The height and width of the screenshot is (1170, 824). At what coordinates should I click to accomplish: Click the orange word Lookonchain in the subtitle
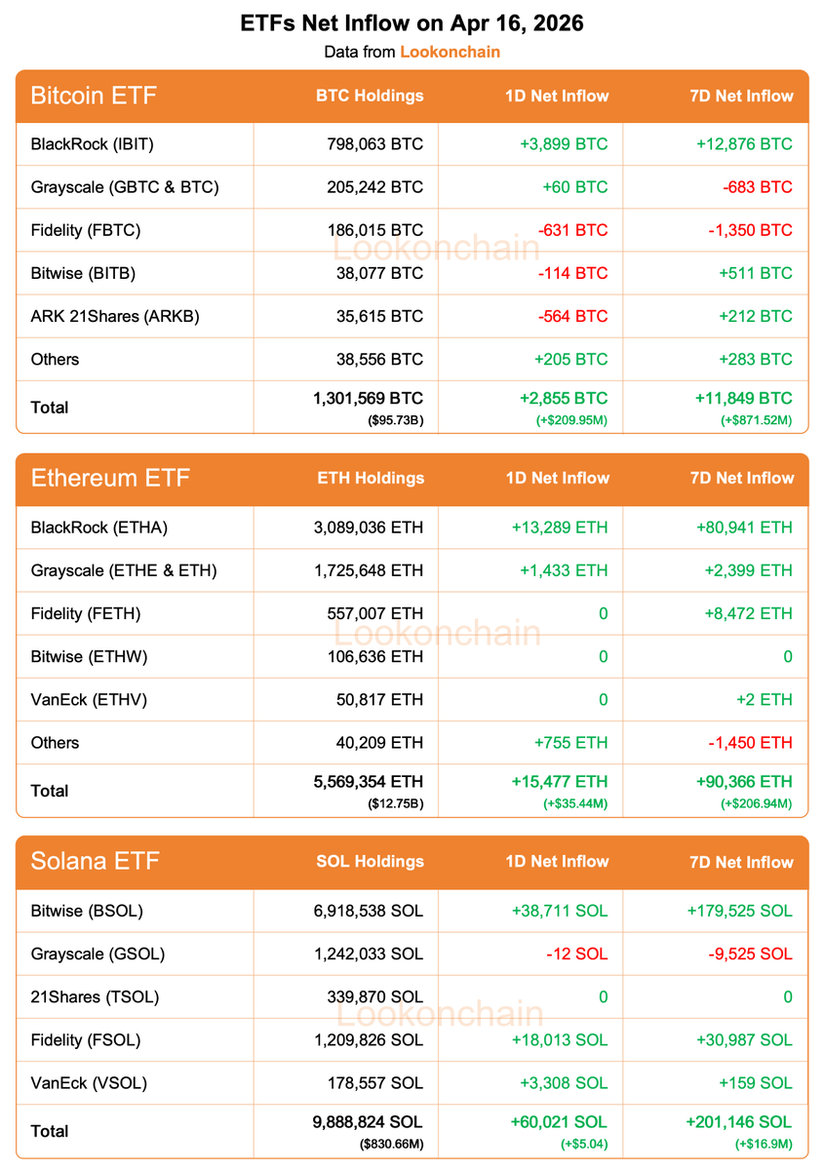click(450, 51)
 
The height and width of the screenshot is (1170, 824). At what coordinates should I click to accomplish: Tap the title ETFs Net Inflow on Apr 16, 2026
click(412, 23)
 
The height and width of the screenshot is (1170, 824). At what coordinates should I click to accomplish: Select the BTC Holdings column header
click(370, 96)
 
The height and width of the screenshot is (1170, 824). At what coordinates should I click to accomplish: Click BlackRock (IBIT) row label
click(93, 144)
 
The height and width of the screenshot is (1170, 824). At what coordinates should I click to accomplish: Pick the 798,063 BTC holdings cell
click(375, 144)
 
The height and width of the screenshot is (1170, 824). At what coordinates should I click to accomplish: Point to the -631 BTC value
click(572, 230)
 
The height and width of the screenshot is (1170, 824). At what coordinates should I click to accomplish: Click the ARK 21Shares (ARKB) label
click(115, 316)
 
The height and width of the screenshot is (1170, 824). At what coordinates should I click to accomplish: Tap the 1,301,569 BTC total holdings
click(368, 398)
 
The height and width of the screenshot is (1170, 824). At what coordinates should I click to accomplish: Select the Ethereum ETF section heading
click(110, 478)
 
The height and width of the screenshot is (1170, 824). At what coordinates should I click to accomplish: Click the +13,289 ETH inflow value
click(559, 527)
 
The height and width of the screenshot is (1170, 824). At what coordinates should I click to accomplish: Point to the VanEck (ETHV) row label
click(89, 699)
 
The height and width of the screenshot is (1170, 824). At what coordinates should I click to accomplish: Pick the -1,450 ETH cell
click(750, 743)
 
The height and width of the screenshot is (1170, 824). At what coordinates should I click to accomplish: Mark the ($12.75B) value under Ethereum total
click(396, 803)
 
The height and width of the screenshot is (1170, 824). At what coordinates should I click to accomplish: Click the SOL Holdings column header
click(370, 861)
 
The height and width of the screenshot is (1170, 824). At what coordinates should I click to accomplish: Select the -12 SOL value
click(576, 954)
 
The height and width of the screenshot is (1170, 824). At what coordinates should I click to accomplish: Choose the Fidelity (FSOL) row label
click(86, 1040)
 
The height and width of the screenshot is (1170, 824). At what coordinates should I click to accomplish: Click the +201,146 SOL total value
click(738, 1122)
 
